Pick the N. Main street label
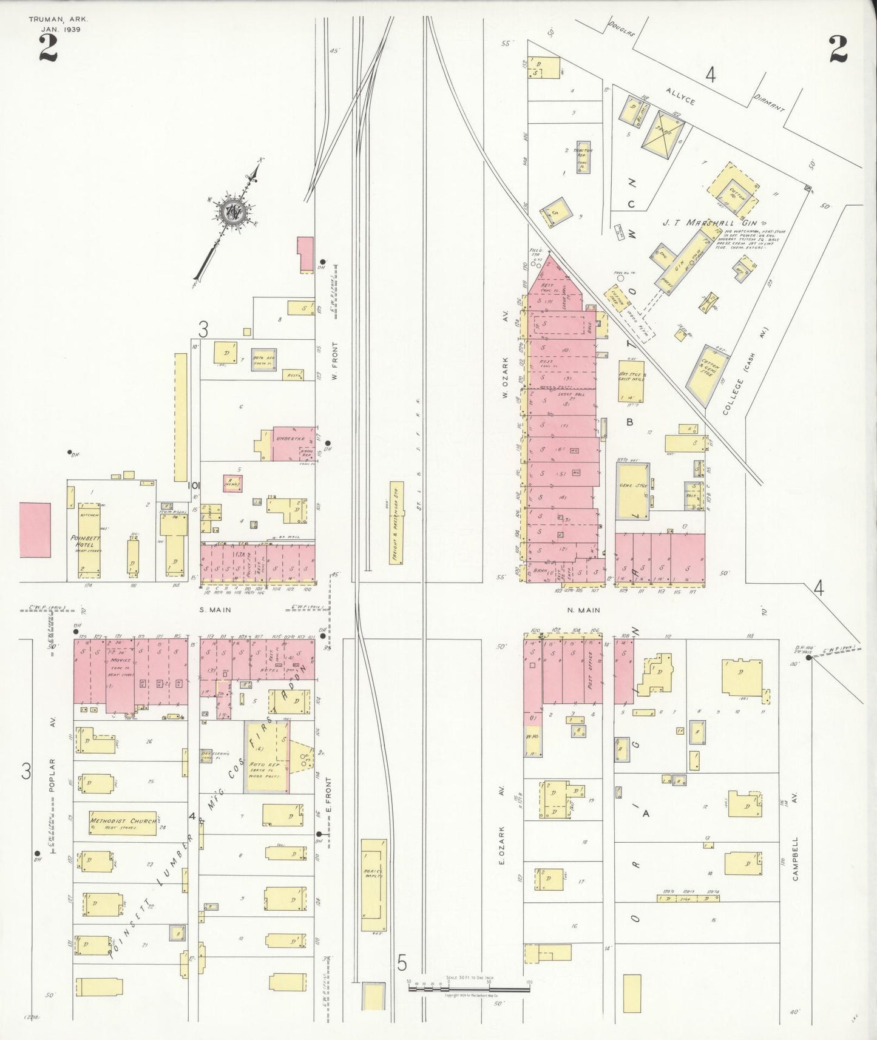585,610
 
